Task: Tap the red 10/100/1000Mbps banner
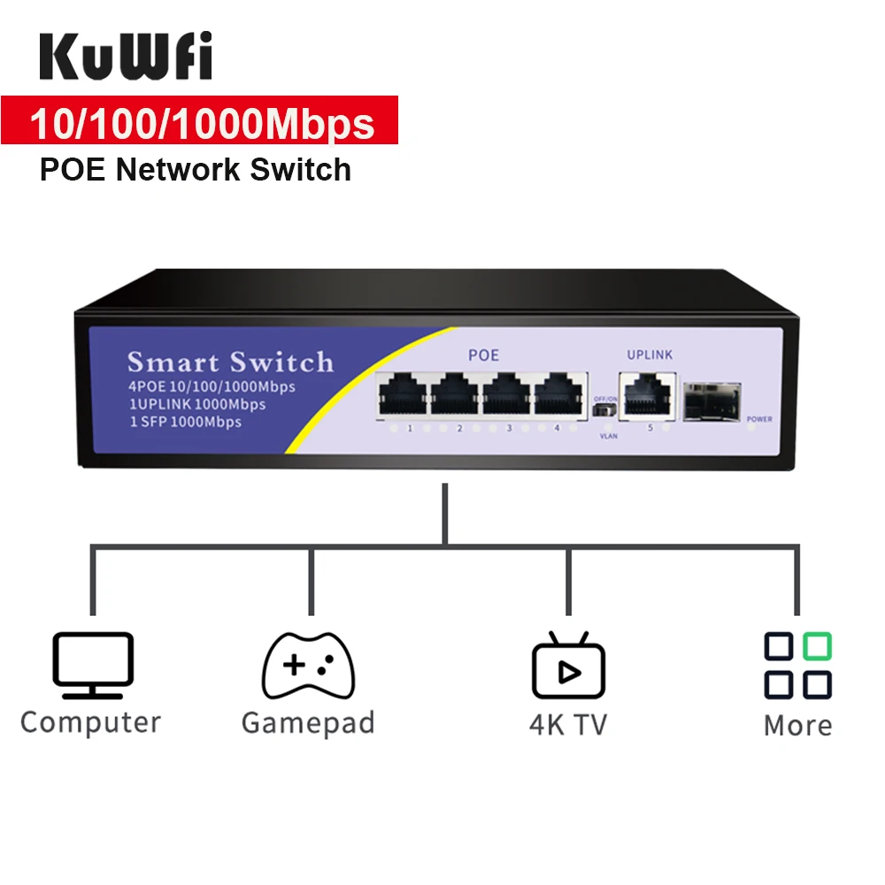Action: coord(201,123)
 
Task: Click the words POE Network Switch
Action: coord(196,169)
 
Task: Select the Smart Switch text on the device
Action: coord(230,362)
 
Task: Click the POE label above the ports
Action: coord(483,356)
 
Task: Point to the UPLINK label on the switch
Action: coord(649,355)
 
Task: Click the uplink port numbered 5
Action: coord(645,395)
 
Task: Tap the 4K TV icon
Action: coord(568,668)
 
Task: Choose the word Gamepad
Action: coord(308,722)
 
